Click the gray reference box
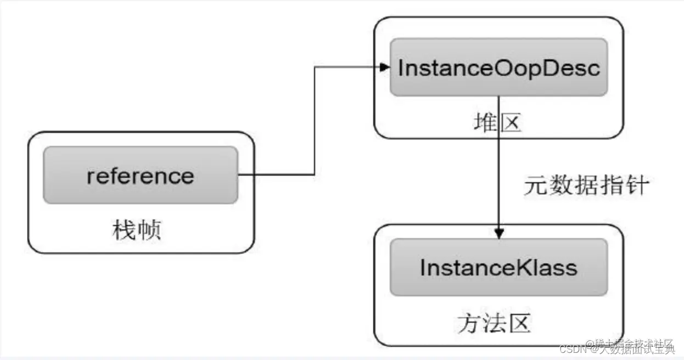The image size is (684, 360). (141, 176)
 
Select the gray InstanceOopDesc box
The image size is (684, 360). (498, 67)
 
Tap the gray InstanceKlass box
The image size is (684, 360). (498, 267)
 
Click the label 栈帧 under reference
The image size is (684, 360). (137, 230)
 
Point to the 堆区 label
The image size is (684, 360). (496, 124)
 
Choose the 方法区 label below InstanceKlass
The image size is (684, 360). (494, 324)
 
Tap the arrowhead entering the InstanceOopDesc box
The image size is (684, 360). (385, 67)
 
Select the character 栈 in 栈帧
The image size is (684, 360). (125, 230)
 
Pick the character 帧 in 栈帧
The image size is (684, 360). (149, 230)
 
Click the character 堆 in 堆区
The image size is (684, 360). (484, 124)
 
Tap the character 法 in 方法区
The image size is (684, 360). (494, 324)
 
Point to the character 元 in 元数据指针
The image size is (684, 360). (535, 186)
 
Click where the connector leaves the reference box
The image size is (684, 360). (239, 176)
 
